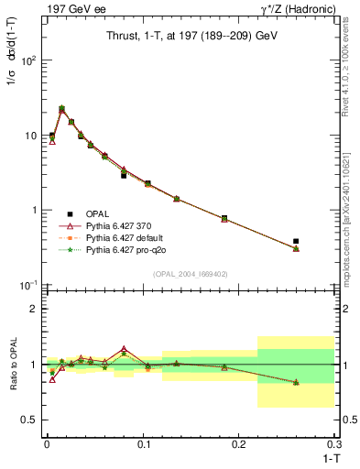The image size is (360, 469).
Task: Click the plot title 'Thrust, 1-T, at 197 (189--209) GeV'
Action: pyautogui.click(x=188, y=35)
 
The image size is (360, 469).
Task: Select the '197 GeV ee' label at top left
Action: pyautogui.click(x=71, y=9)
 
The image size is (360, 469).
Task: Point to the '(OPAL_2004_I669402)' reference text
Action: pyautogui.click(x=188, y=272)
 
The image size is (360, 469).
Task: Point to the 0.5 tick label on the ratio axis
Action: pyautogui.click(x=29, y=420)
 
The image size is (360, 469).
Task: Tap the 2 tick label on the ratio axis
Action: pyautogui.click(x=33, y=309)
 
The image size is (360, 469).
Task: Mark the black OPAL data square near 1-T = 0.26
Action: pyautogui.click(x=296, y=241)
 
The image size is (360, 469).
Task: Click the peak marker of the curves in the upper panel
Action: pyautogui.click(x=61, y=109)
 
